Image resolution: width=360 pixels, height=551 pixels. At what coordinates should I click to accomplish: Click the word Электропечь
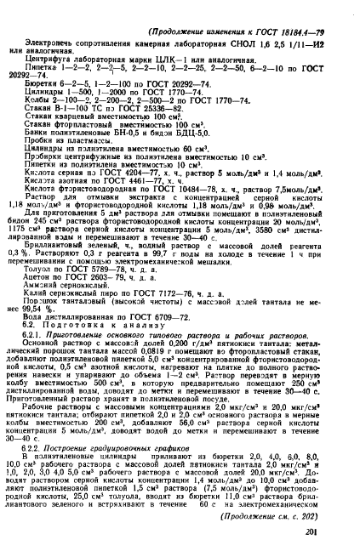[x=48, y=28]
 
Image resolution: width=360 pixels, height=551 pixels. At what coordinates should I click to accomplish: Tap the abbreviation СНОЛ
[x=228, y=28]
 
